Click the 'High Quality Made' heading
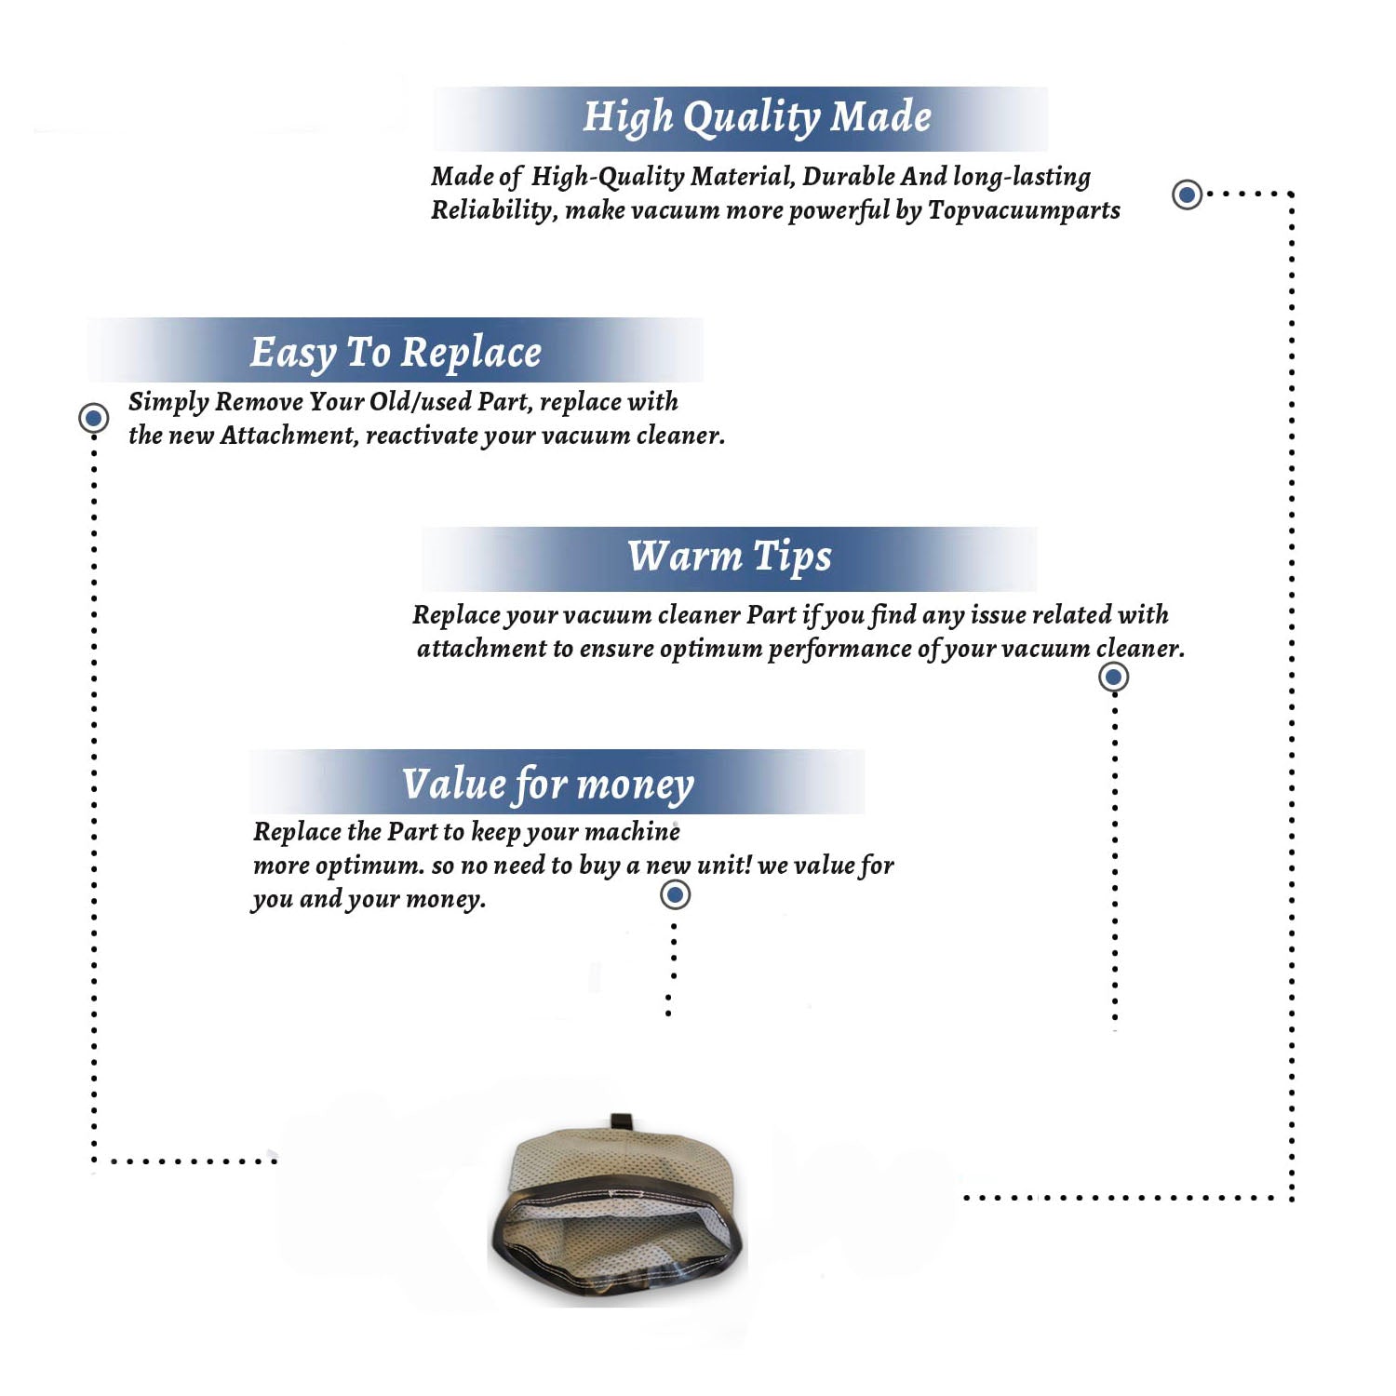[757, 118]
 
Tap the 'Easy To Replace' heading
[396, 353]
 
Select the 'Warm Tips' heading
[730, 557]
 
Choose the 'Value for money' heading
[548, 784]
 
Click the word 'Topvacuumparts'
[1024, 211]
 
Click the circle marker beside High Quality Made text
[1187, 195]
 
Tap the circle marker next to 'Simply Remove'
[93, 418]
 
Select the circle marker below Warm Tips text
[1113, 677]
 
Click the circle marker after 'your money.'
[675, 894]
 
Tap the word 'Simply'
[168, 402]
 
